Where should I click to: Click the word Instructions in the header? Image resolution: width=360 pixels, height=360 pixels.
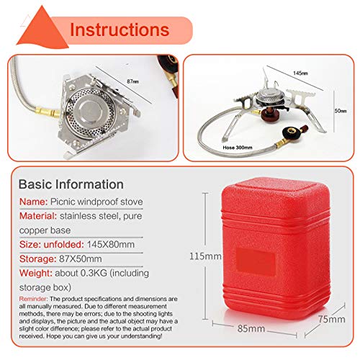(119, 30)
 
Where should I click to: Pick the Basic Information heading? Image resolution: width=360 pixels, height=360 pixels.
(71, 184)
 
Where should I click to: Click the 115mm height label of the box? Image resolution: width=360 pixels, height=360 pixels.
(204, 256)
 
